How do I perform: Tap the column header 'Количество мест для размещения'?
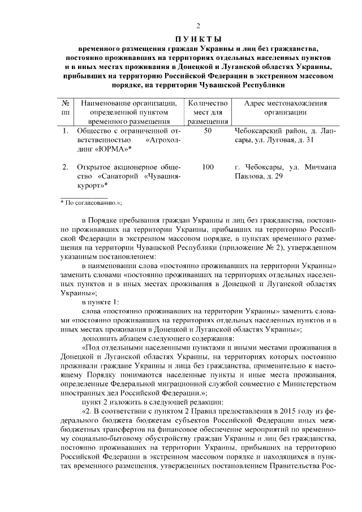pyautogui.click(x=208, y=112)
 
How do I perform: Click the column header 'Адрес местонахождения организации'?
pyautogui.click(x=285, y=107)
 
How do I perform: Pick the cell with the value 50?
pyautogui.click(x=208, y=131)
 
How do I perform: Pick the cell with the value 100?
pyautogui.click(x=208, y=167)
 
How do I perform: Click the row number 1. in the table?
pyautogui.click(x=65, y=131)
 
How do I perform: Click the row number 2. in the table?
pyautogui.click(x=65, y=167)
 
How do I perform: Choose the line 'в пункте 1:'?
pyautogui.click(x=101, y=303)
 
